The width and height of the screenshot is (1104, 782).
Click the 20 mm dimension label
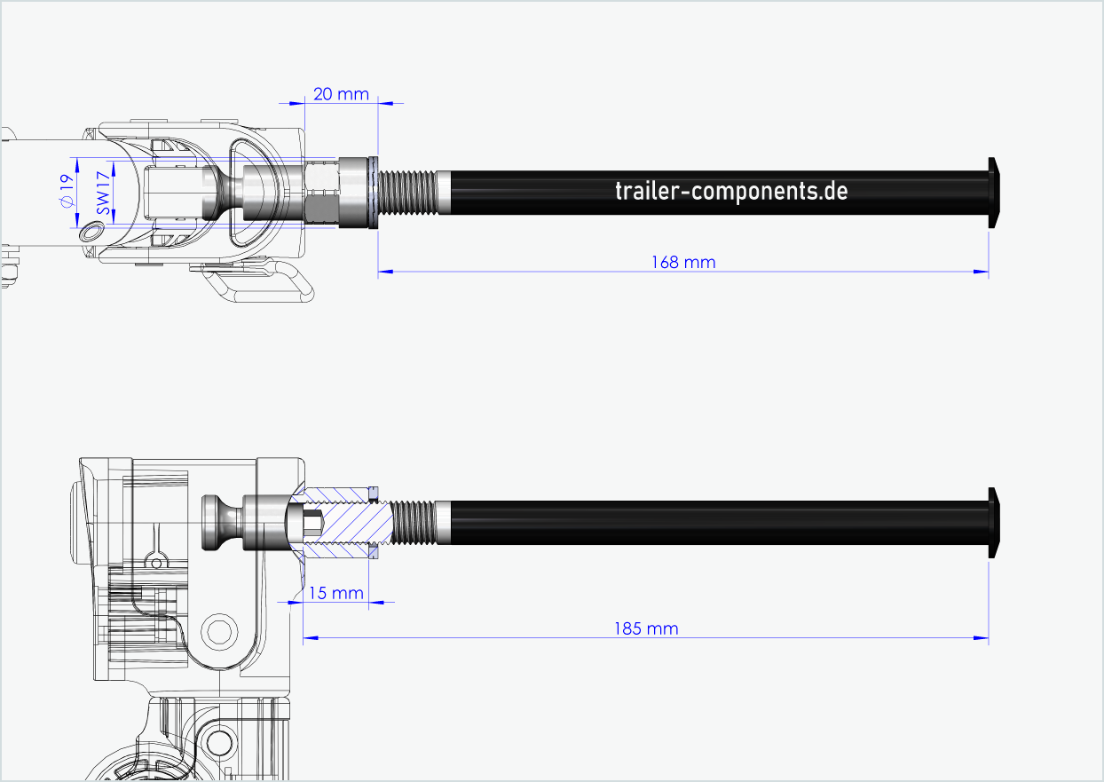click(x=341, y=93)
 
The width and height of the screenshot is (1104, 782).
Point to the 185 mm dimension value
click(x=646, y=628)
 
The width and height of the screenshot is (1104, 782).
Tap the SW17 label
click(x=103, y=192)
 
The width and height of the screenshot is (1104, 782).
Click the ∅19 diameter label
click(x=64, y=191)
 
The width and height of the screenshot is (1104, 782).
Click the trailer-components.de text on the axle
click(x=731, y=191)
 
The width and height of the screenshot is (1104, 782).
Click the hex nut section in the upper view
click(x=321, y=191)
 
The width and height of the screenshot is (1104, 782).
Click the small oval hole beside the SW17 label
click(x=91, y=232)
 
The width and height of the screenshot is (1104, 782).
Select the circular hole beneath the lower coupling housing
click(x=217, y=631)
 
